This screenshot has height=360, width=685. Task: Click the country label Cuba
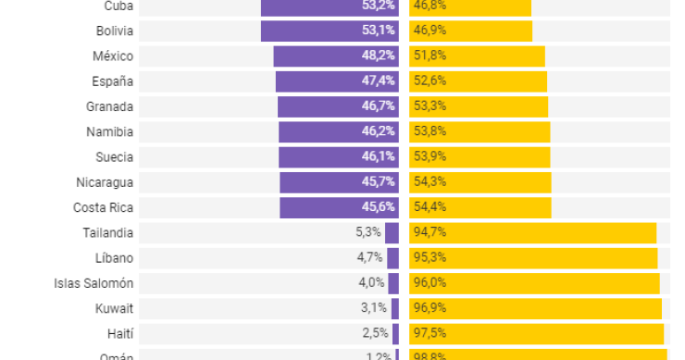pyautogui.click(x=118, y=6)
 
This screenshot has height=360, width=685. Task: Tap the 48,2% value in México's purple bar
pyautogui.click(x=379, y=56)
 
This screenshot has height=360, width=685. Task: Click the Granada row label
pyautogui.click(x=109, y=106)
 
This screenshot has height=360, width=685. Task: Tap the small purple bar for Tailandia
pyautogui.click(x=392, y=232)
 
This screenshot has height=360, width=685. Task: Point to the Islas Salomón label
pyautogui.click(x=93, y=282)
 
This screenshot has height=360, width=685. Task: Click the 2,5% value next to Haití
pyautogui.click(x=373, y=332)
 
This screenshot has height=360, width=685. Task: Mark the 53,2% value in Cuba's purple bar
pyautogui.click(x=379, y=6)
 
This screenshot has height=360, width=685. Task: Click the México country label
pyautogui.click(x=113, y=56)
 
